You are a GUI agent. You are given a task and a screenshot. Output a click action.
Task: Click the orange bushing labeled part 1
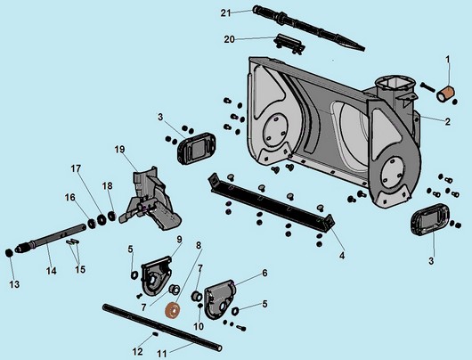pyautogui.click(x=445, y=94)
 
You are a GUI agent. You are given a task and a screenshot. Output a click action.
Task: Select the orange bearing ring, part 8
pyautogui.click(x=173, y=311)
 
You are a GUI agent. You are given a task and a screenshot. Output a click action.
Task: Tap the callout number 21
pyautogui.click(x=226, y=13)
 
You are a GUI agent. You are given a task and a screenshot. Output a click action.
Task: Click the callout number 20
pyautogui.click(x=229, y=39)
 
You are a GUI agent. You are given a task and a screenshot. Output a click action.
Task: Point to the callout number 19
pyautogui.click(x=119, y=149)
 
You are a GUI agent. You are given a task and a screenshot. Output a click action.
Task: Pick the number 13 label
pyautogui.click(x=14, y=284)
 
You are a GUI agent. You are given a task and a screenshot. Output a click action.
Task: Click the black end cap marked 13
pyautogui.click(x=10, y=253)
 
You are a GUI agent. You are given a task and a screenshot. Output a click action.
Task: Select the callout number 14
pyautogui.click(x=51, y=271)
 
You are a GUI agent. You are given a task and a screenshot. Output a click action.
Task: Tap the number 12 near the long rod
pyautogui.click(x=137, y=351)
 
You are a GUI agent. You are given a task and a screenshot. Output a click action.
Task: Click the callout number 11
pyautogui.click(x=162, y=354)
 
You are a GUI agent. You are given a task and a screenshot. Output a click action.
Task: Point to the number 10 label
pyautogui.click(x=199, y=326)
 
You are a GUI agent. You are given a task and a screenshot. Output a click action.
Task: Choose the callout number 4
pyautogui.click(x=342, y=256)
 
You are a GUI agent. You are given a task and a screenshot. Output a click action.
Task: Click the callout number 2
pyautogui.click(x=448, y=121)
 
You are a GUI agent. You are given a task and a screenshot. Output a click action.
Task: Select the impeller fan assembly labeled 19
pyautogui.click(x=151, y=199)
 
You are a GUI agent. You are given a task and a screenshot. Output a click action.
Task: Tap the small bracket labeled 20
pyautogui.click(x=289, y=44)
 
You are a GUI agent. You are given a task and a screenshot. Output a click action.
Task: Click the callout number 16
pyautogui.click(x=69, y=197)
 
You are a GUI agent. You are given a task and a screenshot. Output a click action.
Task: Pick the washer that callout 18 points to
pyautogui.click(x=112, y=216)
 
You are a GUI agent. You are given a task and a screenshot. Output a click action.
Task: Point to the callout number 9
pyautogui.click(x=179, y=240)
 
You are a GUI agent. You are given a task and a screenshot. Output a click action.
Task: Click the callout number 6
pyautogui.click(x=264, y=273)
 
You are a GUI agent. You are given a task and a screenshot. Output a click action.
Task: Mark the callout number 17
pyautogui.click(x=76, y=168)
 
